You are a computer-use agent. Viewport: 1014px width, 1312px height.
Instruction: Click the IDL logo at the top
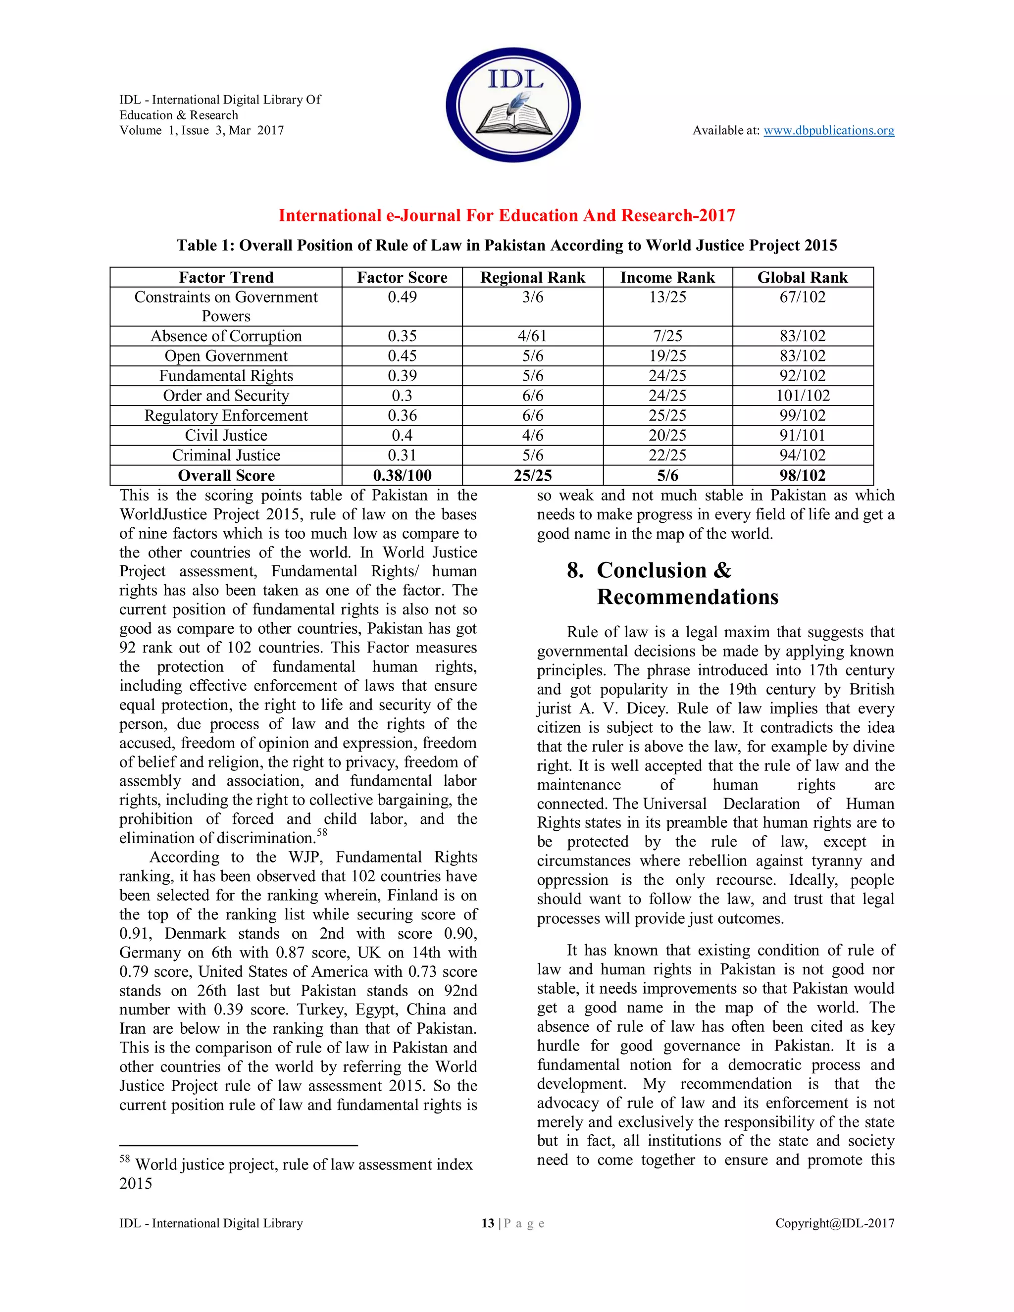pos(513,104)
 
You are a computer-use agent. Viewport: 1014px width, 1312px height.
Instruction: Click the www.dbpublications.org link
pos(828,130)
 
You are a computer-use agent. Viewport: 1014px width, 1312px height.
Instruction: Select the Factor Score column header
pos(402,278)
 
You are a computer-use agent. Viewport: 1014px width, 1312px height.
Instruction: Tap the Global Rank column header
pos(802,278)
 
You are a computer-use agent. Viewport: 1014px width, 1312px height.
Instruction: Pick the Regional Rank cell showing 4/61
pos(532,336)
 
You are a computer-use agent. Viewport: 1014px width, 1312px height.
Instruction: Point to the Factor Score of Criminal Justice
pos(402,455)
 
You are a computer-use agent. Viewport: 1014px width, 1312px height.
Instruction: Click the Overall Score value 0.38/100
pos(402,475)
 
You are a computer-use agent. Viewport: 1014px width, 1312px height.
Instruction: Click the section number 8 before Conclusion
pos(574,570)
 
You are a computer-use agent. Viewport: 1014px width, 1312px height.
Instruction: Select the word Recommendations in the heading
pos(687,597)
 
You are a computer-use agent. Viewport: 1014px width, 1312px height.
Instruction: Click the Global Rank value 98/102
pos(802,475)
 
